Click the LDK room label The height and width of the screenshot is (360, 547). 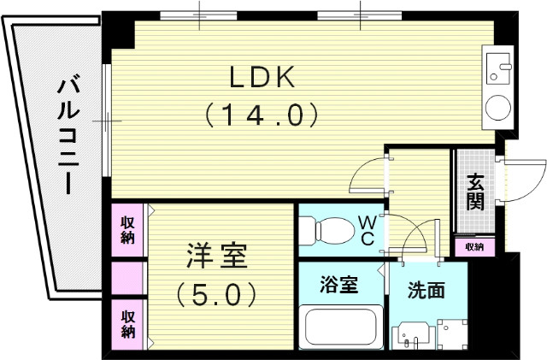coord(261,77)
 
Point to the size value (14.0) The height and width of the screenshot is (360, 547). coord(261,114)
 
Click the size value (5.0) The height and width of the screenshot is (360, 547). coord(216,294)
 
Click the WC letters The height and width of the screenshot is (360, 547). coord(366,230)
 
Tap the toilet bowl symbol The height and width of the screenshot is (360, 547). coord(328,230)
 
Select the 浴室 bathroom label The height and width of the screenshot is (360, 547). coord(339,284)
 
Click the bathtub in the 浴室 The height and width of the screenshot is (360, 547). coord(343,328)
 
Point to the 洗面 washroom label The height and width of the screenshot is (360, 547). coord(426,290)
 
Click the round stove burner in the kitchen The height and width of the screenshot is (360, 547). coord(496,109)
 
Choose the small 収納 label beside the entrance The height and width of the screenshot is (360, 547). coord(474,247)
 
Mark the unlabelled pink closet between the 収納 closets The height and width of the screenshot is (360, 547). coord(127,278)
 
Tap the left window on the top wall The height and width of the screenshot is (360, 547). coord(199,15)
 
